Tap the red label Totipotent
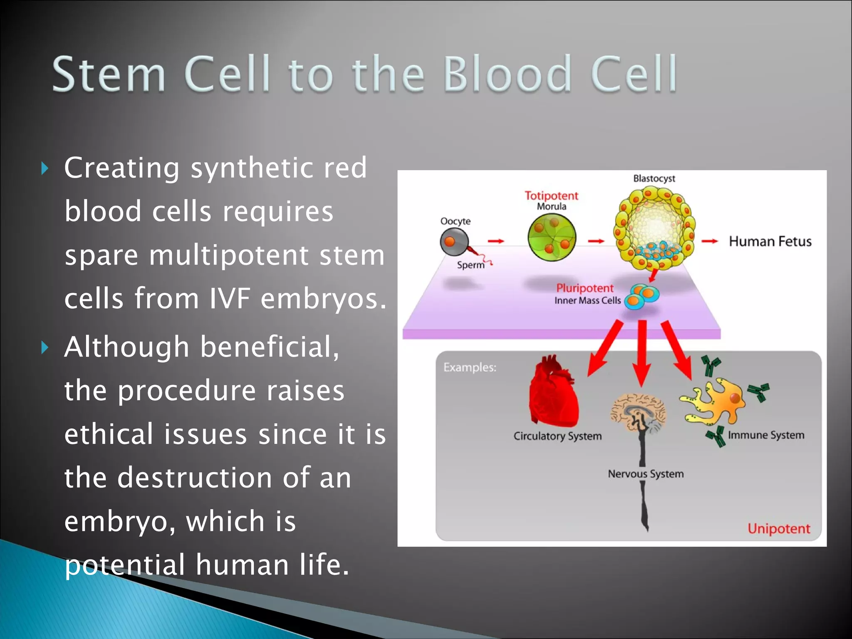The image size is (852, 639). [551, 196]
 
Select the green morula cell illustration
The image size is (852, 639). [552, 238]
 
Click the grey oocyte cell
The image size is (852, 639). [454, 242]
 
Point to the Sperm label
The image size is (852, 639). [471, 265]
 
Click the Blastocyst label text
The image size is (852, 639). [654, 178]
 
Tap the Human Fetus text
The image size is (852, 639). [770, 242]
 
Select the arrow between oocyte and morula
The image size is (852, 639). [495, 241]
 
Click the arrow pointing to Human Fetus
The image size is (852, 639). [709, 241]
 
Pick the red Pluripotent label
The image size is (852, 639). [585, 288]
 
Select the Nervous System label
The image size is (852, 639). [646, 474]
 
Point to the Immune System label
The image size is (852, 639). [766, 435]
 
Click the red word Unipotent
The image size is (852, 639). [778, 529]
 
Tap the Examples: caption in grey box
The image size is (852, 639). [470, 367]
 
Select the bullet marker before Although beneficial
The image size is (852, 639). [45, 347]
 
